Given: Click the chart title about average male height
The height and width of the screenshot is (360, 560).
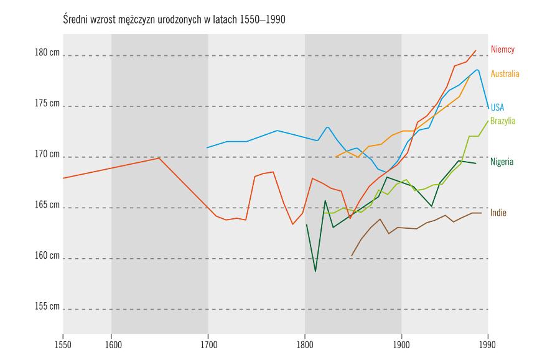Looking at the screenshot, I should (174, 19).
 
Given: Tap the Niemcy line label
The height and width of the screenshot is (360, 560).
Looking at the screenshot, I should (502, 49).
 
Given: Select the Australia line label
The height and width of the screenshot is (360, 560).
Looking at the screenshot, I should (505, 74).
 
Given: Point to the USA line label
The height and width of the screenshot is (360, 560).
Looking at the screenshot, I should (497, 108).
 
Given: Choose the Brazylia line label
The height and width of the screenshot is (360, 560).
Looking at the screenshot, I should (503, 121).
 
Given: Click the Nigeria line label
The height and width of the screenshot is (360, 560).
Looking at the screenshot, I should (502, 162).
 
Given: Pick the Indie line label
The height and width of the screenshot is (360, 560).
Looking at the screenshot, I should (498, 213).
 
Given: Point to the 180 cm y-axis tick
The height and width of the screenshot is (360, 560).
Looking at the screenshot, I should (47, 53).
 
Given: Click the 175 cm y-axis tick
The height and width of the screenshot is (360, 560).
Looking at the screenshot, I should (47, 103).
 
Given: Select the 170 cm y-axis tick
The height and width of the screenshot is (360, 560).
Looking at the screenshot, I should (47, 154).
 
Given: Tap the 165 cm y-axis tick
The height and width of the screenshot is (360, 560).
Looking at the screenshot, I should (47, 205).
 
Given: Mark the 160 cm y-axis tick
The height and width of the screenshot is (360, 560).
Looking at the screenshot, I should (47, 256).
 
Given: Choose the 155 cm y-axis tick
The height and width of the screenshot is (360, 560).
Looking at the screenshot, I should (47, 307).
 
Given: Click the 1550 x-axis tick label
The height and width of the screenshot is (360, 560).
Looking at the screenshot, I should (63, 343).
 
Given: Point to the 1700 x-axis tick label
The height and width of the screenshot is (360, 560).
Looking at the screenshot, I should (208, 343).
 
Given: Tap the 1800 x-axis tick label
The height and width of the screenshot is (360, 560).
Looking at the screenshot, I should (305, 343).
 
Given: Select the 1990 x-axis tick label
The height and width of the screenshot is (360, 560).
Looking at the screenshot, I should (488, 343).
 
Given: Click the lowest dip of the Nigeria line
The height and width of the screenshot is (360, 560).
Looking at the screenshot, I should (315, 271).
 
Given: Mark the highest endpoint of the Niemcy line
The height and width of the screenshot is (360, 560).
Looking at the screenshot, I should (476, 50).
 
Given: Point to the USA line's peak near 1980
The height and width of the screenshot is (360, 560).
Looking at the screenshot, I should (477, 70).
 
